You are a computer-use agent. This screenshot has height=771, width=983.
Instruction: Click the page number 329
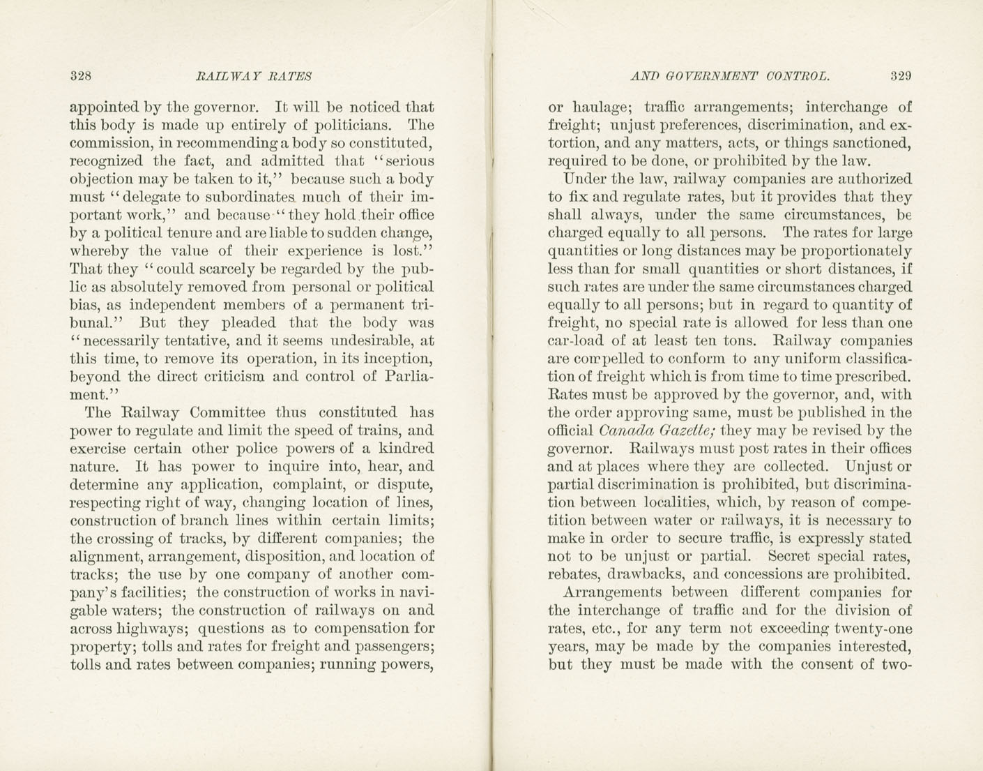coord(900,75)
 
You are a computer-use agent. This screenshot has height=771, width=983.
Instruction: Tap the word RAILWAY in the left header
coord(224,75)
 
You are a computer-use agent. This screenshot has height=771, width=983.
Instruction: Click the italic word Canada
coord(624,431)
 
